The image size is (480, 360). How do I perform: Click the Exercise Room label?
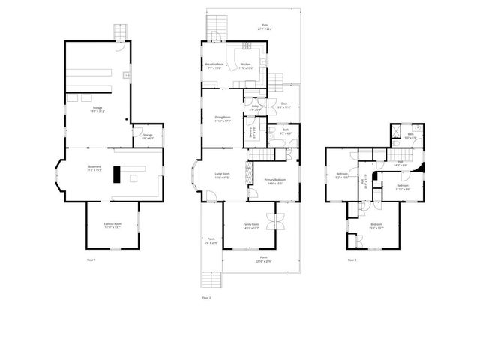112,224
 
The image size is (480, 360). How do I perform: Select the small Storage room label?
148,136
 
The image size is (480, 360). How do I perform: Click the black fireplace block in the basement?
116,174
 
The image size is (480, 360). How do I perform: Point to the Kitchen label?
246,65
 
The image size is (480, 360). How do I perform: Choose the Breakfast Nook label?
215,65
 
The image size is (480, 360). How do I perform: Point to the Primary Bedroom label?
274,181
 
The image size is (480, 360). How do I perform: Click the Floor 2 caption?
206,298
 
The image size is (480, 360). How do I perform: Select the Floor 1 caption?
91,259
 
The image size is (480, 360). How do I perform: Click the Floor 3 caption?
352,259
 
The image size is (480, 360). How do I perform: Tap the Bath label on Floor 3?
410,136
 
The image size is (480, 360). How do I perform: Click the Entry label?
255,108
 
